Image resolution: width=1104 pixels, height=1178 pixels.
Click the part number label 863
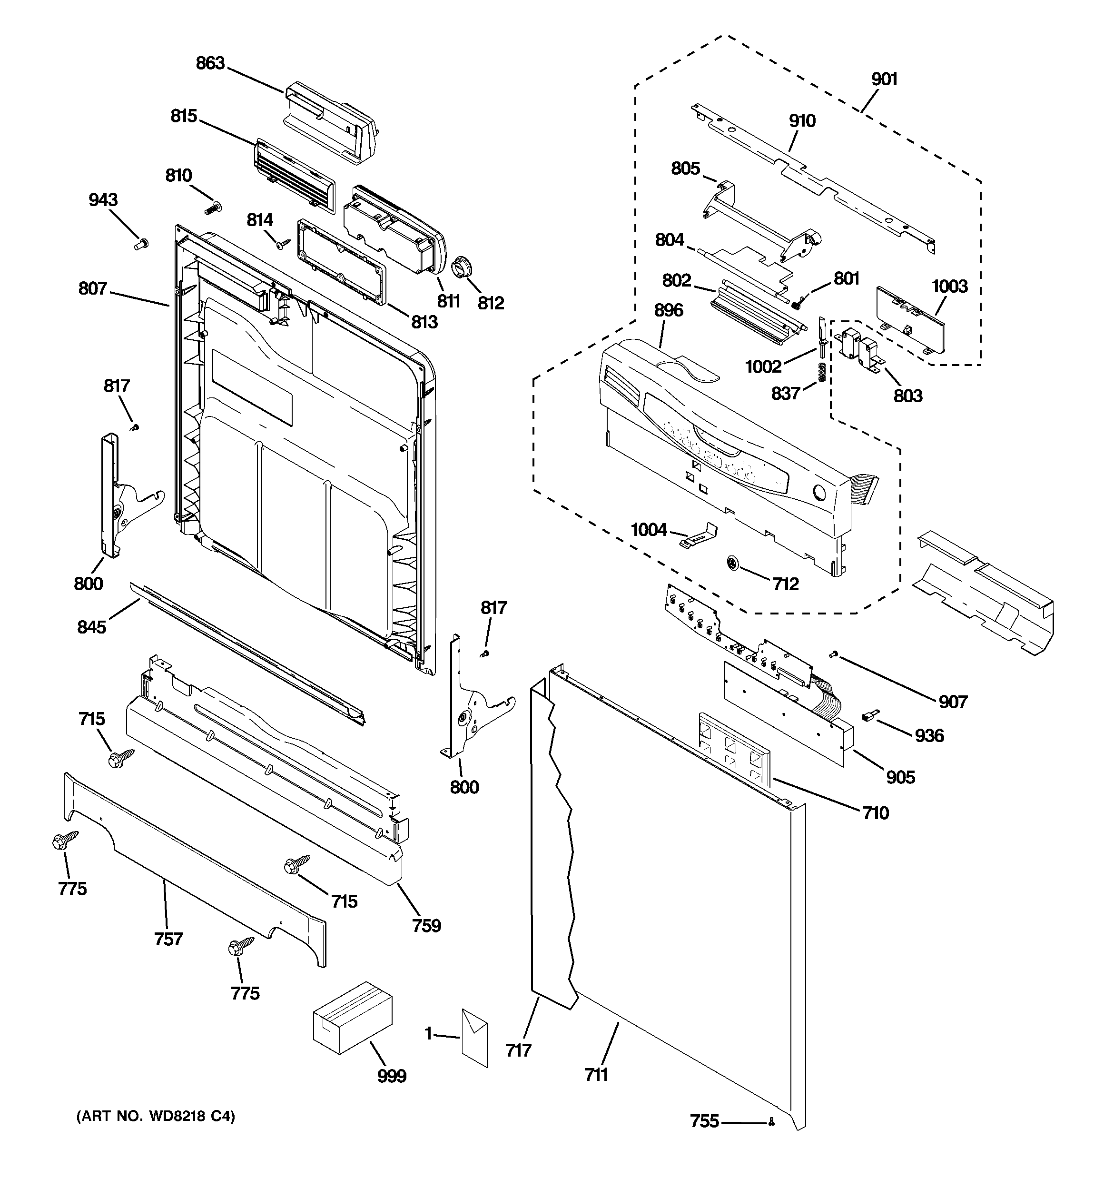click(210, 63)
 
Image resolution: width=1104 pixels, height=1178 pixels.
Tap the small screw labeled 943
click(141, 244)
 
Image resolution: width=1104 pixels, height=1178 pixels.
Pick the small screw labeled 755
click(771, 1121)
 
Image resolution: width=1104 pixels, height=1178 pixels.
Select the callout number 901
click(884, 79)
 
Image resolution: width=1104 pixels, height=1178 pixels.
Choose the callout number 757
click(168, 939)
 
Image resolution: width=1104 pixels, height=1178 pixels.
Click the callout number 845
click(91, 626)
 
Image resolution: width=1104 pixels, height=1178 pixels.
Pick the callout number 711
click(596, 1074)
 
